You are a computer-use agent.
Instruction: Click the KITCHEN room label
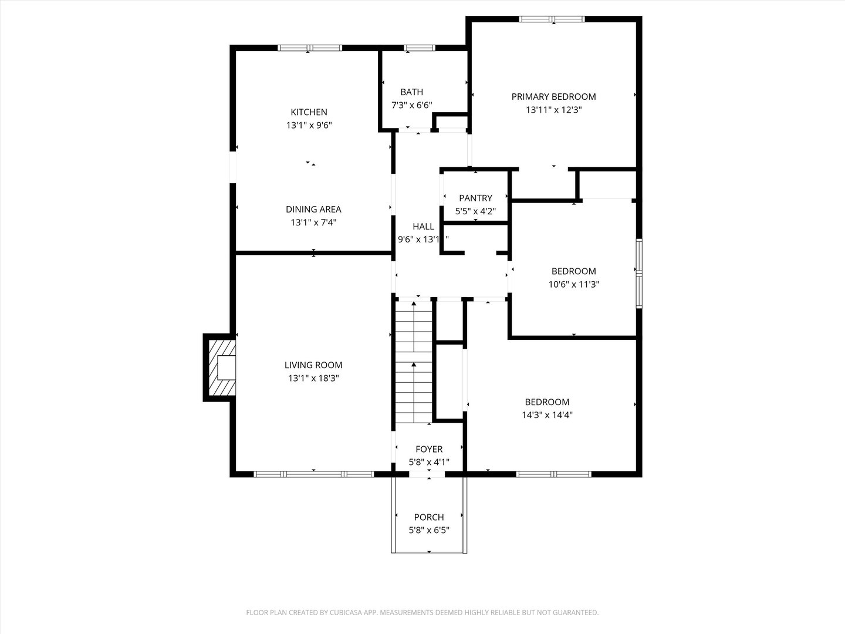309,112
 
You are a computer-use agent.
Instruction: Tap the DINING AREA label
313,210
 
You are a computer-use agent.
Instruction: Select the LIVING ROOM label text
313,365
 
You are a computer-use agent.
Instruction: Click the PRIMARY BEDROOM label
553,97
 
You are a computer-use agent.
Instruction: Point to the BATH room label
411,92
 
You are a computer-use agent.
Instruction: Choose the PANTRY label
475,198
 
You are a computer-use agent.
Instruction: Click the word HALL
423,227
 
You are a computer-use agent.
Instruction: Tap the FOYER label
429,450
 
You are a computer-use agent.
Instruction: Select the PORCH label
429,517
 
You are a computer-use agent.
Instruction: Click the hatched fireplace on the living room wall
220,367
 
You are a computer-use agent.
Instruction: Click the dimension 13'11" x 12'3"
553,110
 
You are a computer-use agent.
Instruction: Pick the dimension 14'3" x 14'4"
547,415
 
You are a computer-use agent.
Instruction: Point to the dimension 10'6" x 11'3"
573,284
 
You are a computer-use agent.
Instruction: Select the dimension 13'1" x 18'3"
313,379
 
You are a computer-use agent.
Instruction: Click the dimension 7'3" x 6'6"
411,105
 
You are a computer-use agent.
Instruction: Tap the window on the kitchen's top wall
309,48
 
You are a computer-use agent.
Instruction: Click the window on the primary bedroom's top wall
552,19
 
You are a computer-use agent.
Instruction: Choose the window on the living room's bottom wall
313,474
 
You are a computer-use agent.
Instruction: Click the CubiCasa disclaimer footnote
422,612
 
